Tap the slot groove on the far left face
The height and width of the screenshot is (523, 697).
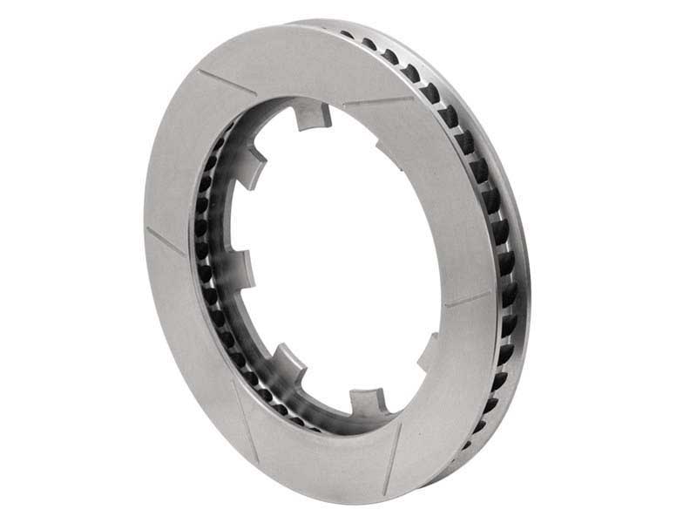pos(166,241)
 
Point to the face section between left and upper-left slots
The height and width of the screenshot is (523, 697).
pos(179,157)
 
